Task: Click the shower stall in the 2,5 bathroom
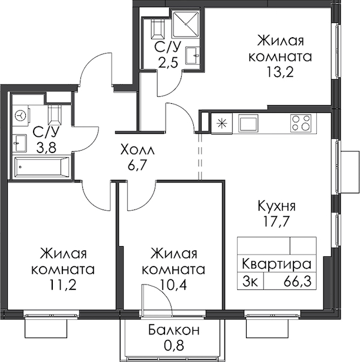(x=186, y=24)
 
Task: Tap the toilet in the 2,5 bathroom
(x=158, y=28)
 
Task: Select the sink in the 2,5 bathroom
(x=193, y=55)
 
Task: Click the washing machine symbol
(x=21, y=115)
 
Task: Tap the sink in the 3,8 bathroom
(x=20, y=143)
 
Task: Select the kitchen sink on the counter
(x=248, y=123)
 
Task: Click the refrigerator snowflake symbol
(x=221, y=123)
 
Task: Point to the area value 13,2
(x=280, y=72)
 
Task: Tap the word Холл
(x=137, y=150)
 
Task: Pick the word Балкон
(x=173, y=330)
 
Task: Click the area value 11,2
(x=62, y=286)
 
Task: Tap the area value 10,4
(x=173, y=286)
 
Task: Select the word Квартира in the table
(x=277, y=264)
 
